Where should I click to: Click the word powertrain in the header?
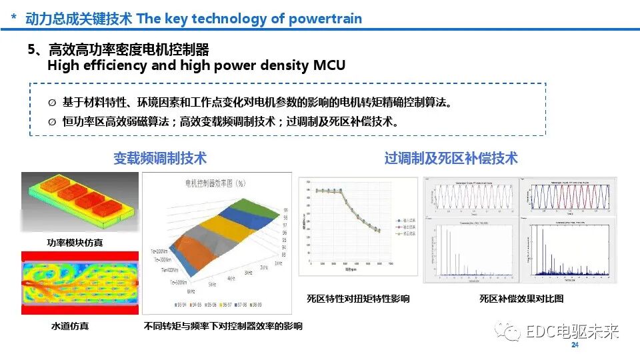click(x=325, y=18)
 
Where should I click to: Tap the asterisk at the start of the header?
click(x=14, y=19)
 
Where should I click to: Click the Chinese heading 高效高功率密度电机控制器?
click(x=129, y=49)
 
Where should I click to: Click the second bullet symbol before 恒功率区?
click(x=52, y=122)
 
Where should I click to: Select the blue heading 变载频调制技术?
click(x=160, y=158)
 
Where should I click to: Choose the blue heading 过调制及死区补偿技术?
click(x=451, y=158)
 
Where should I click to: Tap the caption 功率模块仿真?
click(x=75, y=243)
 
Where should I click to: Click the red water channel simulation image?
click(x=79, y=283)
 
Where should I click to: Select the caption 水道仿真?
click(x=70, y=326)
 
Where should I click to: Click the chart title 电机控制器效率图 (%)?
click(x=216, y=183)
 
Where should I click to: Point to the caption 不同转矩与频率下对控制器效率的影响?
click(x=223, y=326)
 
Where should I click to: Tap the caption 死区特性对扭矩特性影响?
click(x=358, y=299)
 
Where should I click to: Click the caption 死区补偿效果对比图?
click(x=521, y=299)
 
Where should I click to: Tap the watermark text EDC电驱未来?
click(x=572, y=331)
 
